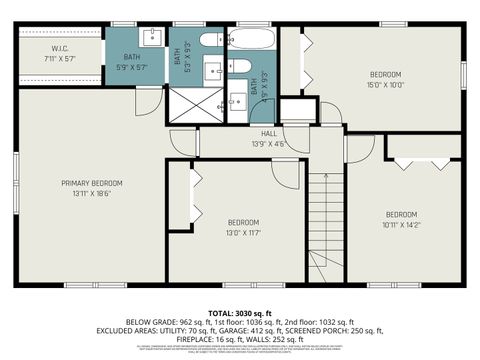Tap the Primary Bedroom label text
point(91,183)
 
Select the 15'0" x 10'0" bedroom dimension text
point(385,85)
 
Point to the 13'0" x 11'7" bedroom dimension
point(243,232)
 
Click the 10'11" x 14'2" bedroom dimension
point(400,224)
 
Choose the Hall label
point(268,133)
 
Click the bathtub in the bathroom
point(250,40)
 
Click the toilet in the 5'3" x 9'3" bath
point(212,41)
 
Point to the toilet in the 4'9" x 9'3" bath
point(241,66)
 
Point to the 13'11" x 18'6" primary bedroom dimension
point(91,193)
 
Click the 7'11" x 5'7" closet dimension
point(59,58)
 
